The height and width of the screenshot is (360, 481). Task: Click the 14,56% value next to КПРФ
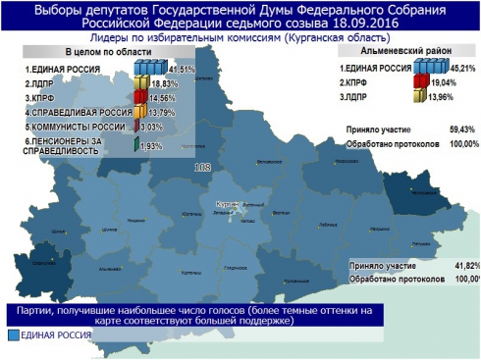(162, 98)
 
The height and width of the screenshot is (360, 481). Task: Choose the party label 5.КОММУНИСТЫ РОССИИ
(75, 128)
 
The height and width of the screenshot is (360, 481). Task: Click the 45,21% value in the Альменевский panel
(464, 69)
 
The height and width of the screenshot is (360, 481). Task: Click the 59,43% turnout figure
(461, 129)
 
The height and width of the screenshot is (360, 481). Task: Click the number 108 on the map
(204, 168)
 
